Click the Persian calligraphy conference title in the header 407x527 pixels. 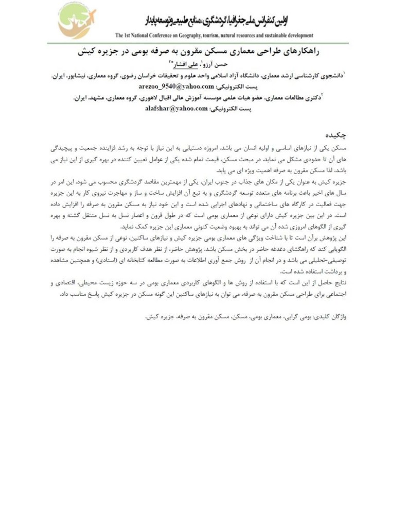[217, 21]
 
